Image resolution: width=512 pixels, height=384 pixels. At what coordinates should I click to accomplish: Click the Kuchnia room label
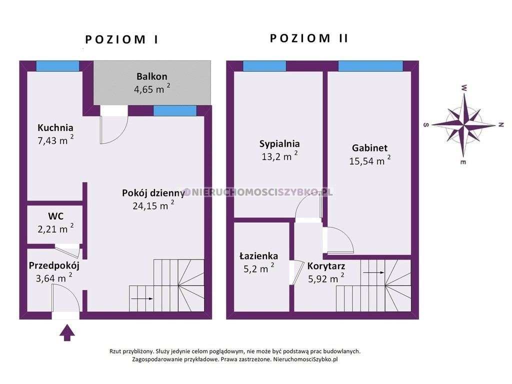55,127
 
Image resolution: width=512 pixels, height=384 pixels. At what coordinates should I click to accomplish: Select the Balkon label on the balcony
151,76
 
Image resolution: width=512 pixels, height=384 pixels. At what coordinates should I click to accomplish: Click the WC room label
55,216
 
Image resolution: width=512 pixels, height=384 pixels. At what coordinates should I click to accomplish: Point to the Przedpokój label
54,265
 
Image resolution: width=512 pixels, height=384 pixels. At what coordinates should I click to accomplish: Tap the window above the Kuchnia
57,66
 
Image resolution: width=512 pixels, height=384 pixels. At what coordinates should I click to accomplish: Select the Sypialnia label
279,144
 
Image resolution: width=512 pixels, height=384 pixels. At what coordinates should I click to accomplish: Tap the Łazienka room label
258,256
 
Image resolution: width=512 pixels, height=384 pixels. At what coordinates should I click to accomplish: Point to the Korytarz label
326,266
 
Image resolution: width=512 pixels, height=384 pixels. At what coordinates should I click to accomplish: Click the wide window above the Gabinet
370,66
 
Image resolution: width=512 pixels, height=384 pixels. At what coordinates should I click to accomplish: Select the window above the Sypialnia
264,66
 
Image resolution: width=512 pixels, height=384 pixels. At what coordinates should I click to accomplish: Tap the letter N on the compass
500,125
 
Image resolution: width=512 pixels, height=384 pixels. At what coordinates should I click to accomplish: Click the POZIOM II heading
309,38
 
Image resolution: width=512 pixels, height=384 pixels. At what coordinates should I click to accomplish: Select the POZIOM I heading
121,40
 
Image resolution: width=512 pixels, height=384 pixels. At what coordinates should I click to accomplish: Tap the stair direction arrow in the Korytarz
373,273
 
